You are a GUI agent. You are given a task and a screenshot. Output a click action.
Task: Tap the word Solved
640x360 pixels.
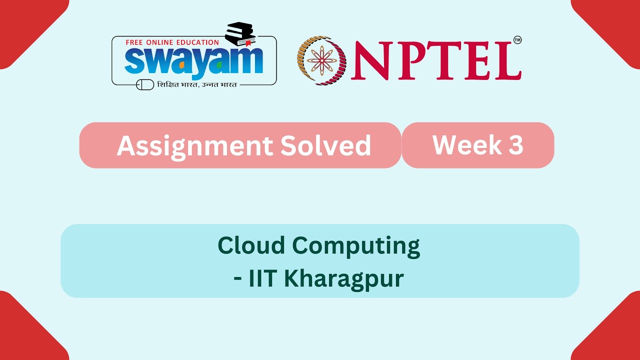click(x=325, y=145)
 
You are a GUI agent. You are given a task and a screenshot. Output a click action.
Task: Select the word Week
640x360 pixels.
click(x=460, y=144)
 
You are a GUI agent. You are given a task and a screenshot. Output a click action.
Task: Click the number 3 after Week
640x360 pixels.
click(x=516, y=144)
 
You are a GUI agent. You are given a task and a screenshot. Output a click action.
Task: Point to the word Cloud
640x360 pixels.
click(x=251, y=245)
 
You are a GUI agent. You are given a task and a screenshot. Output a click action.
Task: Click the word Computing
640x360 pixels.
click(x=356, y=247)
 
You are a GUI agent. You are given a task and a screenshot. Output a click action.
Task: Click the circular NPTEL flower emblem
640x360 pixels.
click(x=322, y=60)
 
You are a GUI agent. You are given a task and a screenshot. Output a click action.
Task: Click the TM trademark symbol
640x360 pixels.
click(x=517, y=40)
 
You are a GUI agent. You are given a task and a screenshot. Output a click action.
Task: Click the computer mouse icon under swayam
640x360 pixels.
click(x=145, y=84)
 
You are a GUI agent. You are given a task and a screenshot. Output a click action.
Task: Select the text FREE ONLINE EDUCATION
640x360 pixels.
click(x=172, y=42)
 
